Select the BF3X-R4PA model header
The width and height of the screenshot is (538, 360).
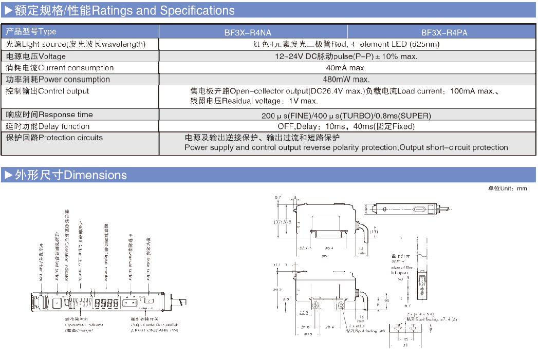444,32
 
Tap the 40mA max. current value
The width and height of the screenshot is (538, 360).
346,68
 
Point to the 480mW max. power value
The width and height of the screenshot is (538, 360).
346,80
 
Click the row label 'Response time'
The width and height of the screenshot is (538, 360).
66,115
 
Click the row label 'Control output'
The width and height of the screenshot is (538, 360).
64,91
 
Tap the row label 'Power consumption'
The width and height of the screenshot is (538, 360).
74,80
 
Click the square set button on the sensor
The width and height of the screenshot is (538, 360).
57,301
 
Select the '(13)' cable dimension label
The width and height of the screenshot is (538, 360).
373,232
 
